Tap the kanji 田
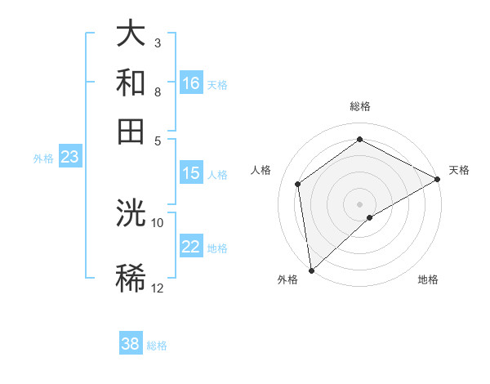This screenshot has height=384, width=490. pyautogui.click(x=131, y=131)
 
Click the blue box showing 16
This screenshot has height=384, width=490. pyautogui.click(x=191, y=83)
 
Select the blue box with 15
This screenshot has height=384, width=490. pyautogui.click(x=191, y=173)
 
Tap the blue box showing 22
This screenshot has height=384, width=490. pyautogui.click(x=191, y=248)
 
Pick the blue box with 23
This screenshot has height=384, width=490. pyautogui.click(x=69, y=158)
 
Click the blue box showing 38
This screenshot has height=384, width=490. pyautogui.click(x=131, y=344)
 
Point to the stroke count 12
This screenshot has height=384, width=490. pyautogui.click(x=158, y=288)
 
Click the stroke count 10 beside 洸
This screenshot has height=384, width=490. pyautogui.click(x=158, y=222)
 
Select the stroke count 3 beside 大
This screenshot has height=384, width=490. pyautogui.click(x=158, y=42)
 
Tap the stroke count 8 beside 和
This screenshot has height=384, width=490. pyautogui.click(x=158, y=92)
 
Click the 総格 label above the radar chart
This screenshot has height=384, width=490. pyautogui.click(x=360, y=106)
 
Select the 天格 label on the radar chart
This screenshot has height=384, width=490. pyautogui.click(x=459, y=170)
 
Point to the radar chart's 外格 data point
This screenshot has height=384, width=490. pyautogui.click(x=311, y=270)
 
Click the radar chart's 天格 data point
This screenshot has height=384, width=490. pyautogui.click(x=439, y=179)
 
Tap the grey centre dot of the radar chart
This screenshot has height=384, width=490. pyautogui.click(x=360, y=203)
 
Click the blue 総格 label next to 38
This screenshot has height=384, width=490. pyautogui.click(x=157, y=345)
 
